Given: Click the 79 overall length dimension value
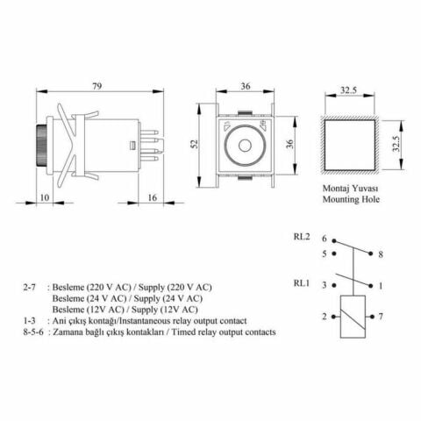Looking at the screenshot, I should pyautogui.click(x=98, y=85).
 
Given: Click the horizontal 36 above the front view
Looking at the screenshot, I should pyautogui.click(x=245, y=86).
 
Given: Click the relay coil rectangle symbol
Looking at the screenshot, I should pyautogui.click(x=353, y=316).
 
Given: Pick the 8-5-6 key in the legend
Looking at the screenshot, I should pyautogui.click(x=34, y=332).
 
